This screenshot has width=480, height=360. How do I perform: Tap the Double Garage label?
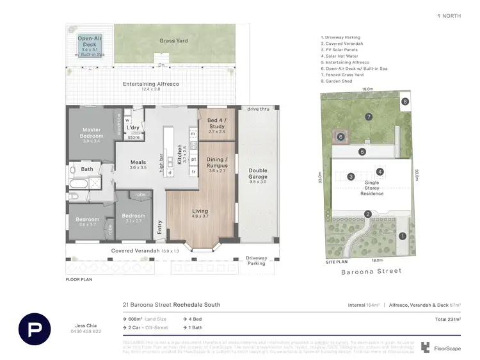pos(258,174)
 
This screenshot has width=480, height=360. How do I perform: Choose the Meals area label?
pos(138,163)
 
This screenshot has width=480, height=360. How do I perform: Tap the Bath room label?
pos(87,169)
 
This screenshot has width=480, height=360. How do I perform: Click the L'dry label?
pos(134,127)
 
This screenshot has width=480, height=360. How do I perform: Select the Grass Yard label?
pos(173,41)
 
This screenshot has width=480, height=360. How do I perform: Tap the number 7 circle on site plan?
pos(369,117)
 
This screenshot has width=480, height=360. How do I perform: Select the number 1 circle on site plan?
pos(403,236)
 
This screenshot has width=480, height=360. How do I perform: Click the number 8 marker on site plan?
pos(404,101)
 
